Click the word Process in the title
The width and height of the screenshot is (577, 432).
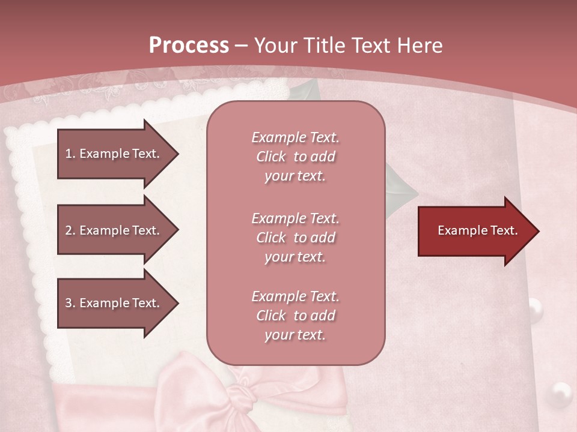(x=189, y=46)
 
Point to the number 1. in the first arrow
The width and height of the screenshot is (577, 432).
(x=70, y=154)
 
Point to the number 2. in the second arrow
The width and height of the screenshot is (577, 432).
(x=70, y=230)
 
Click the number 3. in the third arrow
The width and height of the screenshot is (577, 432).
(x=70, y=303)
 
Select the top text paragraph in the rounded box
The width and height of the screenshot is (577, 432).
(x=295, y=157)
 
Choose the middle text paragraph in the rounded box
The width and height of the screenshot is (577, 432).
(x=295, y=238)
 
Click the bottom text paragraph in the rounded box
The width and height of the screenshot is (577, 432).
(x=295, y=316)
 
